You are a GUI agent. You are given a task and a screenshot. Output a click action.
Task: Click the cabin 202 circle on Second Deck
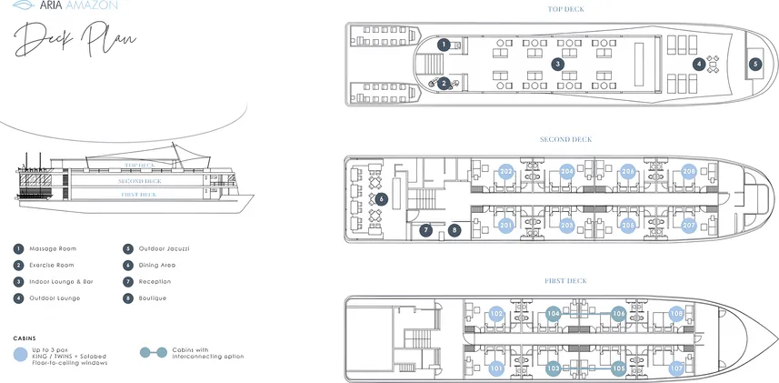tap(506, 171)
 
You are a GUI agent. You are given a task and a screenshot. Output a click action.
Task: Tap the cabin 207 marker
tap(688, 224)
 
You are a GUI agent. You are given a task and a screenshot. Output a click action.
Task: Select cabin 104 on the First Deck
tap(554, 314)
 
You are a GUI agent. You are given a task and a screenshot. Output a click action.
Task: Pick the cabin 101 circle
tap(495, 368)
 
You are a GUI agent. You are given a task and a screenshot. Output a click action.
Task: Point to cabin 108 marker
tap(676, 314)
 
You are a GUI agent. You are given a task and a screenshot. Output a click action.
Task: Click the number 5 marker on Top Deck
tap(754, 65)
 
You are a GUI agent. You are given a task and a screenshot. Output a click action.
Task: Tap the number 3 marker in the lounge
tap(558, 64)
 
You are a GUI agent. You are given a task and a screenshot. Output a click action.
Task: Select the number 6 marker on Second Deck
tap(382, 198)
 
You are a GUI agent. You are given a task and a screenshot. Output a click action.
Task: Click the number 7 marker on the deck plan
tap(426, 230)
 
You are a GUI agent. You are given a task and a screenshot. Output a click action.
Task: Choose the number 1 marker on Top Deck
tap(444, 44)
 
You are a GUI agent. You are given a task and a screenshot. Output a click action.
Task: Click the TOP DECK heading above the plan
tap(565, 10)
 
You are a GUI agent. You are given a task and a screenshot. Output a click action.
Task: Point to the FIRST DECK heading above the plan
tap(565, 280)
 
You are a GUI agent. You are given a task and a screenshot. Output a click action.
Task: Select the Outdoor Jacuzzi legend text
tap(164, 248)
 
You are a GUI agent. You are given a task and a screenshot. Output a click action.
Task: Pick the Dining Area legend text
tap(156, 265)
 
